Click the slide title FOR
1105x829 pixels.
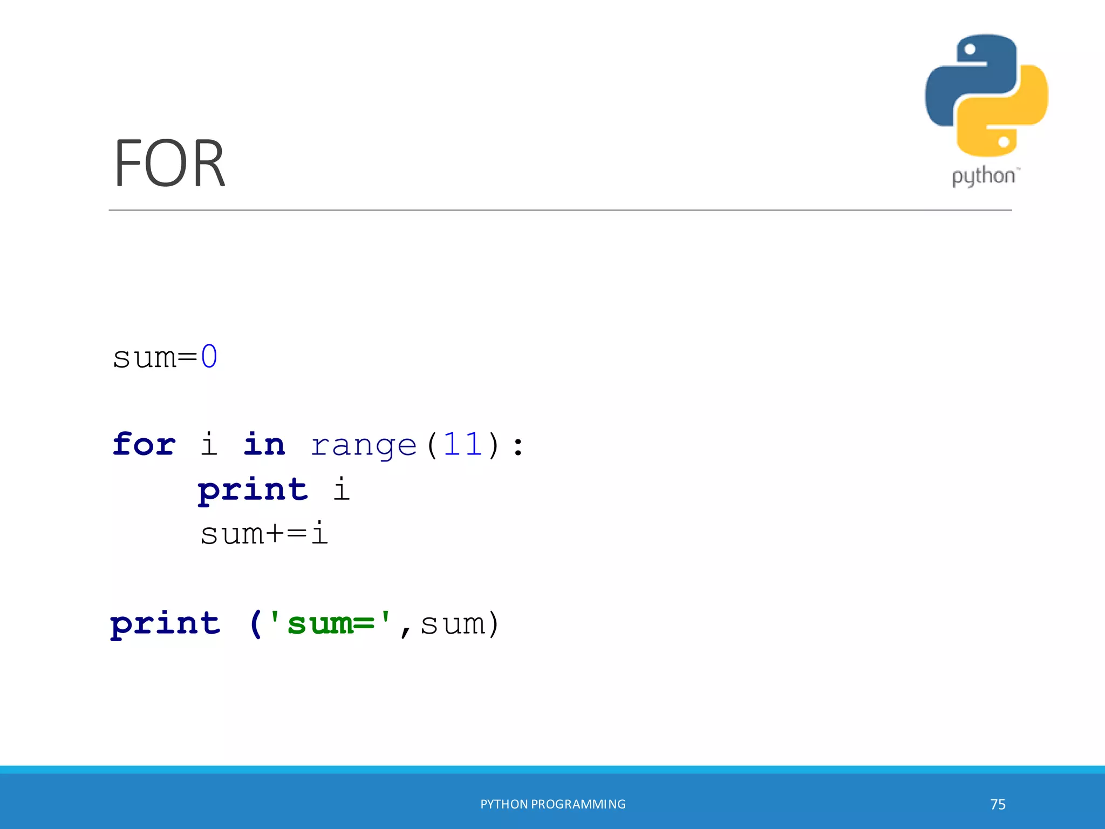coord(169,164)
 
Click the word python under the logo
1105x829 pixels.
coord(984,176)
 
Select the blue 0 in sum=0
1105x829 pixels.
coord(209,357)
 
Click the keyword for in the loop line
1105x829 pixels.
coord(144,445)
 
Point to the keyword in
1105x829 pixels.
coord(264,445)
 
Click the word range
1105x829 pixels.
coord(364,446)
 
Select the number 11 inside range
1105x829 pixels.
coord(463,445)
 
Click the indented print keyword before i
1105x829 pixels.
coord(253,490)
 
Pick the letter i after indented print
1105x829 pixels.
coord(341,489)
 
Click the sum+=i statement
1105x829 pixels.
coord(264,534)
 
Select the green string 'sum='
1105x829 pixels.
coord(329,623)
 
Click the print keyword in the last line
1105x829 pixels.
coord(165,624)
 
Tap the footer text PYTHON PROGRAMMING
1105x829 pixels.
coord(552,804)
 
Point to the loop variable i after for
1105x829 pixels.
coord(209,445)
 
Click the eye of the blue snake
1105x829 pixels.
coord(970,50)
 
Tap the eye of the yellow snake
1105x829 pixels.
coord(1004,142)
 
